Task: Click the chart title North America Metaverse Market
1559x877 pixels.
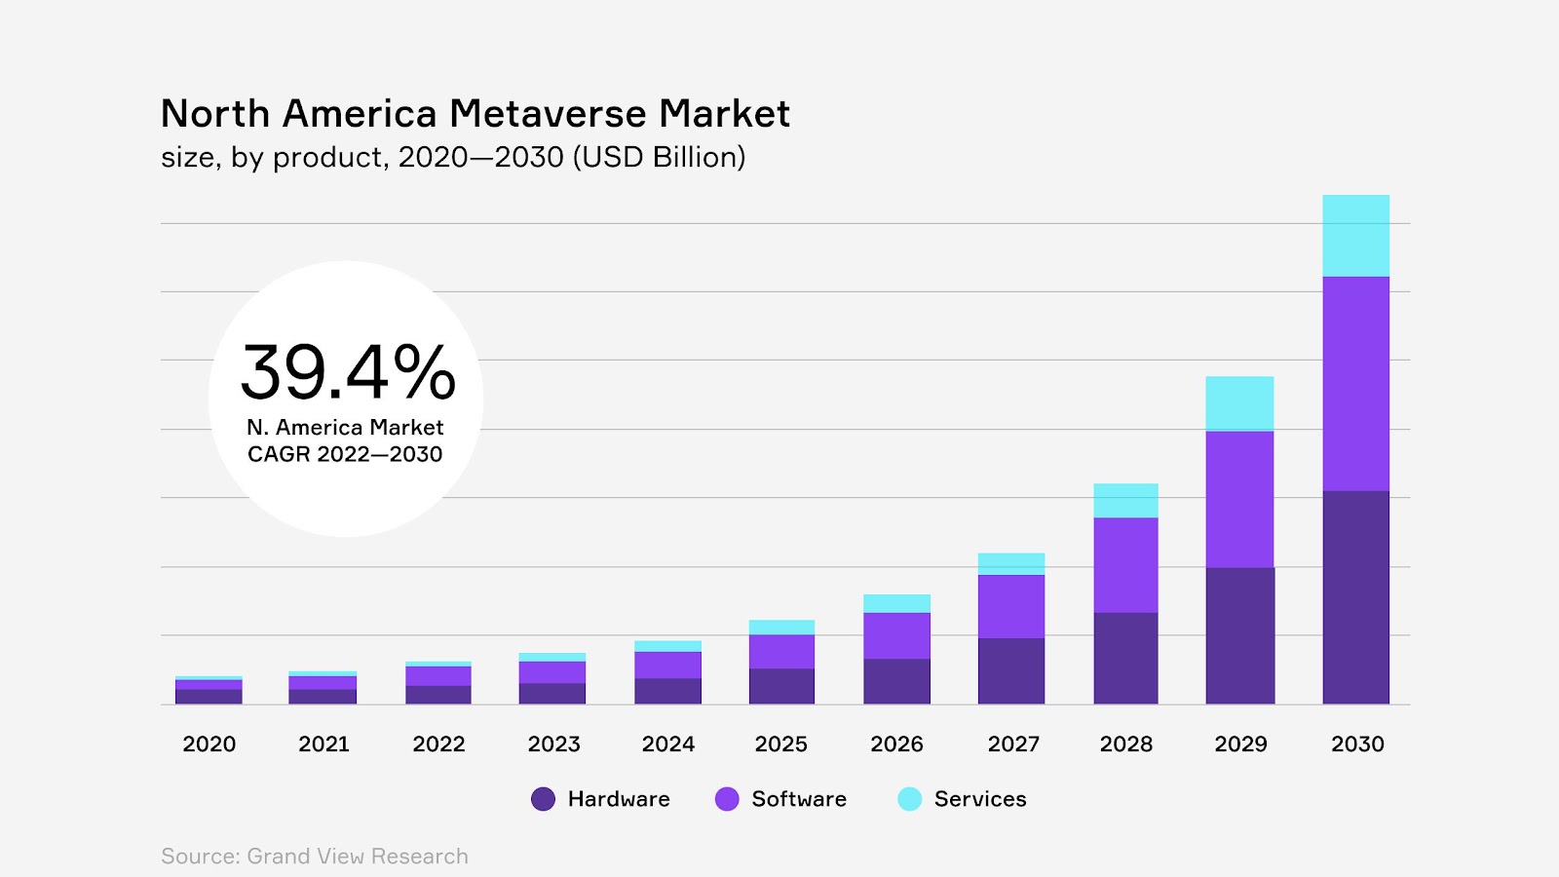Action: [x=475, y=114]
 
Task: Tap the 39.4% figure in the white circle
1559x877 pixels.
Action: [x=348, y=372]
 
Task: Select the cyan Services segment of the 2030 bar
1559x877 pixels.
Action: [x=1355, y=236]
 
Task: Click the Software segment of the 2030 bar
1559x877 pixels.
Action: [x=1355, y=383]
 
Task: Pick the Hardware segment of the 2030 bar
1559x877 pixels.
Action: [x=1355, y=596]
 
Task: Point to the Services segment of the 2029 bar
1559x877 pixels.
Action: [x=1239, y=403]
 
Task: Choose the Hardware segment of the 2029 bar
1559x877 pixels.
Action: [x=1239, y=635]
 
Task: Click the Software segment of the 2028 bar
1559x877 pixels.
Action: [x=1125, y=565]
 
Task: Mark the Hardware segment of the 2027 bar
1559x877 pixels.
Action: [x=1011, y=670]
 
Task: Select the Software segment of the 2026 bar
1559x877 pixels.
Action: [x=896, y=635]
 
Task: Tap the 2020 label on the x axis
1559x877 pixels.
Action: [x=209, y=744]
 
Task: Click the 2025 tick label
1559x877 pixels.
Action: [x=781, y=744]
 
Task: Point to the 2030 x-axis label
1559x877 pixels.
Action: [x=1357, y=744]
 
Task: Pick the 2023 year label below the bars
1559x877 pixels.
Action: [x=553, y=744]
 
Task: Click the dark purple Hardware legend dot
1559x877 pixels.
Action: [x=543, y=799]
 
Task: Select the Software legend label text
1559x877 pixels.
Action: [x=799, y=799]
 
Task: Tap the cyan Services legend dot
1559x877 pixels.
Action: [x=909, y=799]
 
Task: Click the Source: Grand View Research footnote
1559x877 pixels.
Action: [x=315, y=857]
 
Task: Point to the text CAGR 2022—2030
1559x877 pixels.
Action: [x=345, y=454]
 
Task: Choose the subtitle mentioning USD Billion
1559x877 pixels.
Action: [x=453, y=157]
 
